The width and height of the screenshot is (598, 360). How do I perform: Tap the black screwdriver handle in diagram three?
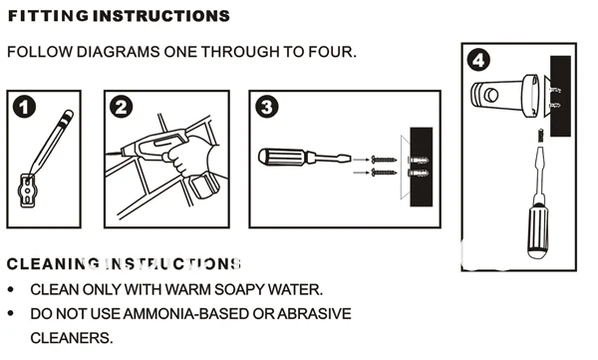[283, 157]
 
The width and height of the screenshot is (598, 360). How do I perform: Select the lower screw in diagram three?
[380, 173]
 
